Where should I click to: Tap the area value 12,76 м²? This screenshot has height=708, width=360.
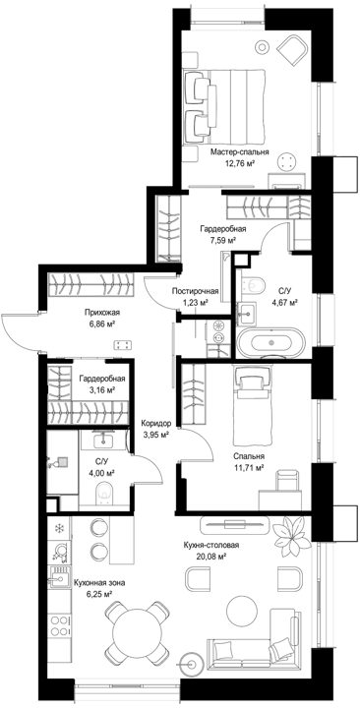(240, 163)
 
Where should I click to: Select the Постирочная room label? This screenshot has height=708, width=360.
(197, 292)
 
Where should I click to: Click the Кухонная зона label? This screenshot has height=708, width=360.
(99, 583)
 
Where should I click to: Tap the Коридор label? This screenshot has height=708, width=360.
(155, 424)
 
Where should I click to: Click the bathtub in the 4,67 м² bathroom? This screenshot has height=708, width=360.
(271, 342)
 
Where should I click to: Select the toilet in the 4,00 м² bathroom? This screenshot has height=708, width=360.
(105, 493)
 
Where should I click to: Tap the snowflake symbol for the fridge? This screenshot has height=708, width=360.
(59, 528)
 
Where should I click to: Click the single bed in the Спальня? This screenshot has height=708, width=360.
(253, 405)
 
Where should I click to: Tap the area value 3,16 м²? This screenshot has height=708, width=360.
(100, 389)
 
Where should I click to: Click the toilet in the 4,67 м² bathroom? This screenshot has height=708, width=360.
(252, 284)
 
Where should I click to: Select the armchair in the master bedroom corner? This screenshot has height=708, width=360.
(292, 50)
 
